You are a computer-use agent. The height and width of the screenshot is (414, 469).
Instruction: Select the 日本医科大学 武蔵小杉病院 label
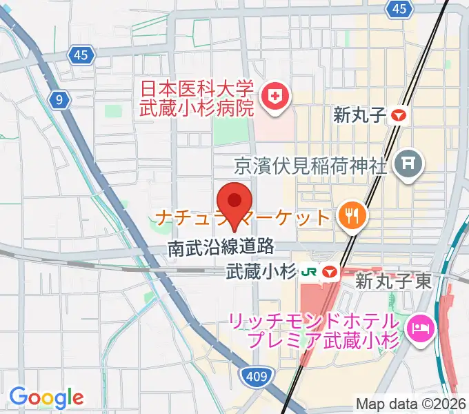pos(197,98)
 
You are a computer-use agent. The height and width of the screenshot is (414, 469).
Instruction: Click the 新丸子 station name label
pos(358,115)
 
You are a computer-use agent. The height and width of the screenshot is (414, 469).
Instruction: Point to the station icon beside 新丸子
pos(399,116)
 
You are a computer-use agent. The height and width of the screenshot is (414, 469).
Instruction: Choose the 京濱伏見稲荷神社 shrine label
pos(310,166)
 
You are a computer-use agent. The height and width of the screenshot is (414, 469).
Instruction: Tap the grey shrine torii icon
pos(405,165)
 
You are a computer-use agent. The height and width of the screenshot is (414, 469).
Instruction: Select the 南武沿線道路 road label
pos(221,248)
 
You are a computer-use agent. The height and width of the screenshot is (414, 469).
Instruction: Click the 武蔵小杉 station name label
pos(261,273)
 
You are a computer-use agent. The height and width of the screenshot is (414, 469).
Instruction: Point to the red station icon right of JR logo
pos(328,273)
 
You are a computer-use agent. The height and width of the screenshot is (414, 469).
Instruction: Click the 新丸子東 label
pos(393,280)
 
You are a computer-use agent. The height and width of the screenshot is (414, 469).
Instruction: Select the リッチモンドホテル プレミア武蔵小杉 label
pos(315,331)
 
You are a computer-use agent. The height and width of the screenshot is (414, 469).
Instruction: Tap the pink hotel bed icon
pos(419,326)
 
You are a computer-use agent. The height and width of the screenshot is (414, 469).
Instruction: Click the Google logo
pos(46,397)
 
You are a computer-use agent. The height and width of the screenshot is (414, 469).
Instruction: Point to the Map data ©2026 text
pos(410,404)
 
